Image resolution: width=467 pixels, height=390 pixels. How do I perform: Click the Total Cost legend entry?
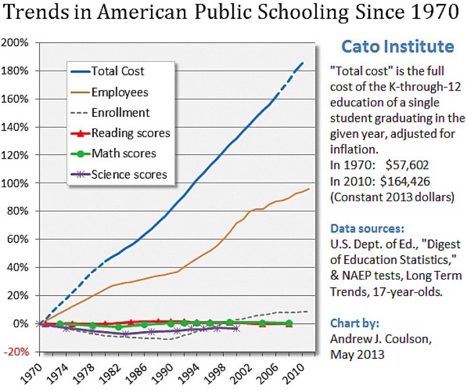(118, 72)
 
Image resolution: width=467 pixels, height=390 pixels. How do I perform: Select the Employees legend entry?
(120, 92)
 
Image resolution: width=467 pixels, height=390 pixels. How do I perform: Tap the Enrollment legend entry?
(121, 112)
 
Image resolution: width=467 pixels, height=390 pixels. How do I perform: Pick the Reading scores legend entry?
(131, 133)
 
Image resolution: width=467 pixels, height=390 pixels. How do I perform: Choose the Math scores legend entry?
(124, 153)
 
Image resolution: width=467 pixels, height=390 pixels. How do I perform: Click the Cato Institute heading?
(397, 47)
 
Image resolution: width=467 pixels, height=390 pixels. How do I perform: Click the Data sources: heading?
(367, 228)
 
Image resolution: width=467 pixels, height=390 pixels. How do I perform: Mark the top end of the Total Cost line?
(303, 62)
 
